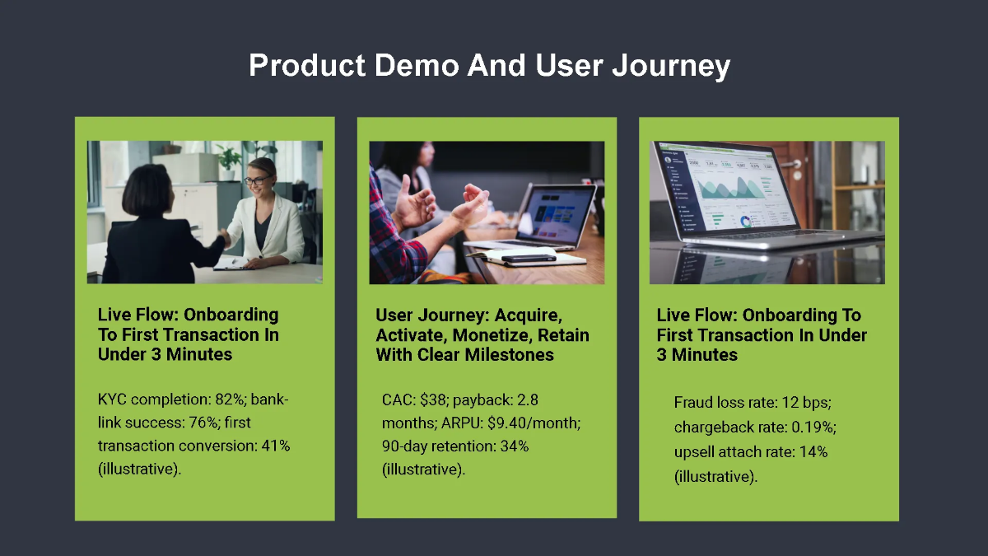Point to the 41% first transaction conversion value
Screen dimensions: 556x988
click(x=273, y=446)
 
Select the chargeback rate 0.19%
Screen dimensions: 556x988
click(x=809, y=428)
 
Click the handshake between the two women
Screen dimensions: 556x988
click(x=223, y=238)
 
